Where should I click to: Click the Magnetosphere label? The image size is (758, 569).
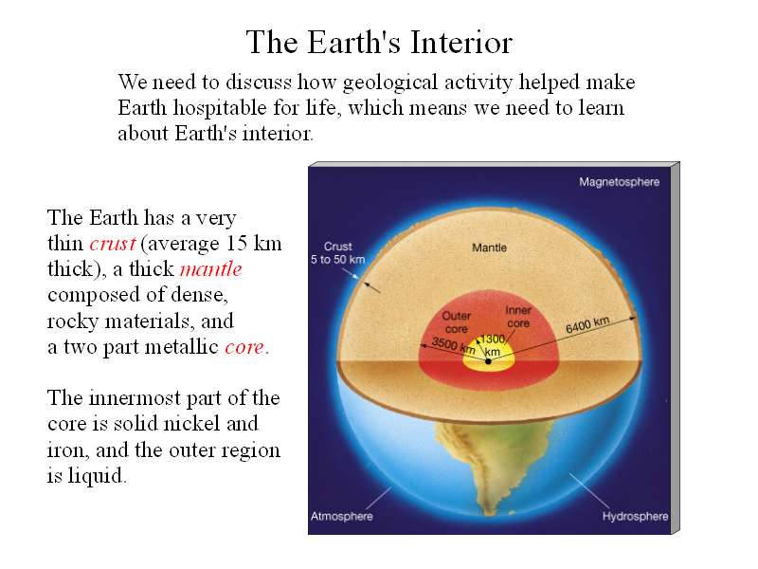pyautogui.click(x=620, y=182)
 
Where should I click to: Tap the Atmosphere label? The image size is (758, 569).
pyautogui.click(x=342, y=516)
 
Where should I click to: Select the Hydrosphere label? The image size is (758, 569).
pyautogui.click(x=635, y=517)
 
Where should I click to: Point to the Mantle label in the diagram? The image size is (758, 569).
pyautogui.click(x=489, y=248)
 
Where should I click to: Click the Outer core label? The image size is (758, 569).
pyautogui.click(x=457, y=322)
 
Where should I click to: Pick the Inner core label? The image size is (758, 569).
pyautogui.click(x=518, y=317)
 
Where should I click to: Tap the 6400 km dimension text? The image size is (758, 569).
pyautogui.click(x=587, y=324)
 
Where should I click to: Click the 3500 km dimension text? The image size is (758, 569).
pyautogui.click(x=454, y=344)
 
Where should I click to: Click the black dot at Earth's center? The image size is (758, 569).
pyautogui.click(x=488, y=361)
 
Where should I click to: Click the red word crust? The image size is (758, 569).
pyautogui.click(x=113, y=244)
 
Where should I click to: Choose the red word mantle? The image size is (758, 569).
pyautogui.click(x=210, y=269)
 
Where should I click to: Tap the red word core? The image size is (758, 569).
pyautogui.click(x=244, y=347)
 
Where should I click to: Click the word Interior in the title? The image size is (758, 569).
pyautogui.click(x=461, y=42)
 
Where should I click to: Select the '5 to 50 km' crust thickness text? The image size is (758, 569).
pyautogui.click(x=337, y=260)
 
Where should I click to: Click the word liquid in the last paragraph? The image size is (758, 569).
pyautogui.click(x=97, y=476)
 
